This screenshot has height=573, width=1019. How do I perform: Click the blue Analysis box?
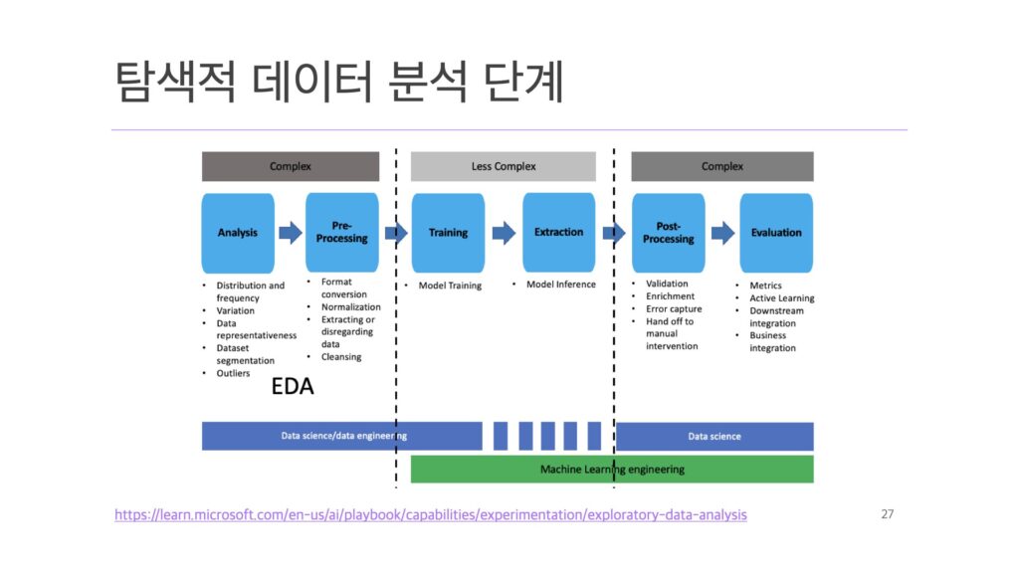(238, 233)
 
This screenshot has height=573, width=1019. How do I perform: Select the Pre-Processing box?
(342, 233)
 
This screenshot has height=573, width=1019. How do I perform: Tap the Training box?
(448, 233)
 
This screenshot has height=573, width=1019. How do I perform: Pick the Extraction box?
(558, 233)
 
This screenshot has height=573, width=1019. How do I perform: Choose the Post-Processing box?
(668, 233)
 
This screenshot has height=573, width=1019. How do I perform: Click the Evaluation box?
(776, 233)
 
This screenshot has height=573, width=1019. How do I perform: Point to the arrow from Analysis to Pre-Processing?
(290, 233)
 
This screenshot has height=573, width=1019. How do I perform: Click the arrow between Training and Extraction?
(504, 233)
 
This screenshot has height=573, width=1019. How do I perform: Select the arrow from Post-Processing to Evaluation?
(721, 233)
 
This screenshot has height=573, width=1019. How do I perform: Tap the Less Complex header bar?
(503, 166)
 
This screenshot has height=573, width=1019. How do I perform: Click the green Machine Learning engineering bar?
(612, 469)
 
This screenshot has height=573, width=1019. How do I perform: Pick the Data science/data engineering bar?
(342, 436)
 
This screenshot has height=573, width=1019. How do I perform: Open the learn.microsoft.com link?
(430, 515)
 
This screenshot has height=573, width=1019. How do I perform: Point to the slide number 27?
(888, 514)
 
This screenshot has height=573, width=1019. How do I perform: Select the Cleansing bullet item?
(341, 357)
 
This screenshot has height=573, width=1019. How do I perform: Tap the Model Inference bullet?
(560, 285)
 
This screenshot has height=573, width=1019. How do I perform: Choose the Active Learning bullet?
(781, 298)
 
